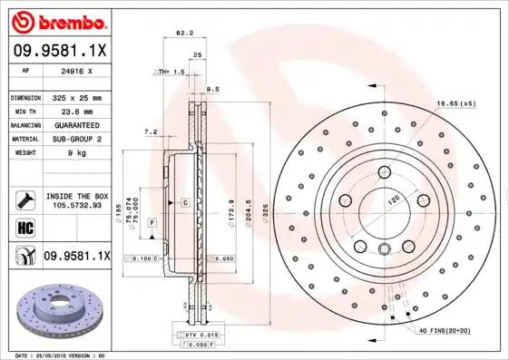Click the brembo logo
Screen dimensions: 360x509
pyautogui.click(x=57, y=20)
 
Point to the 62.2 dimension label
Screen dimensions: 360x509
pyautogui.click(x=183, y=34)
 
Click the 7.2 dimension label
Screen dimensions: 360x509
pyautogui.click(x=151, y=131)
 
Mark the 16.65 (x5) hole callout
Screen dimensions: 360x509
pyautogui.click(x=455, y=104)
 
